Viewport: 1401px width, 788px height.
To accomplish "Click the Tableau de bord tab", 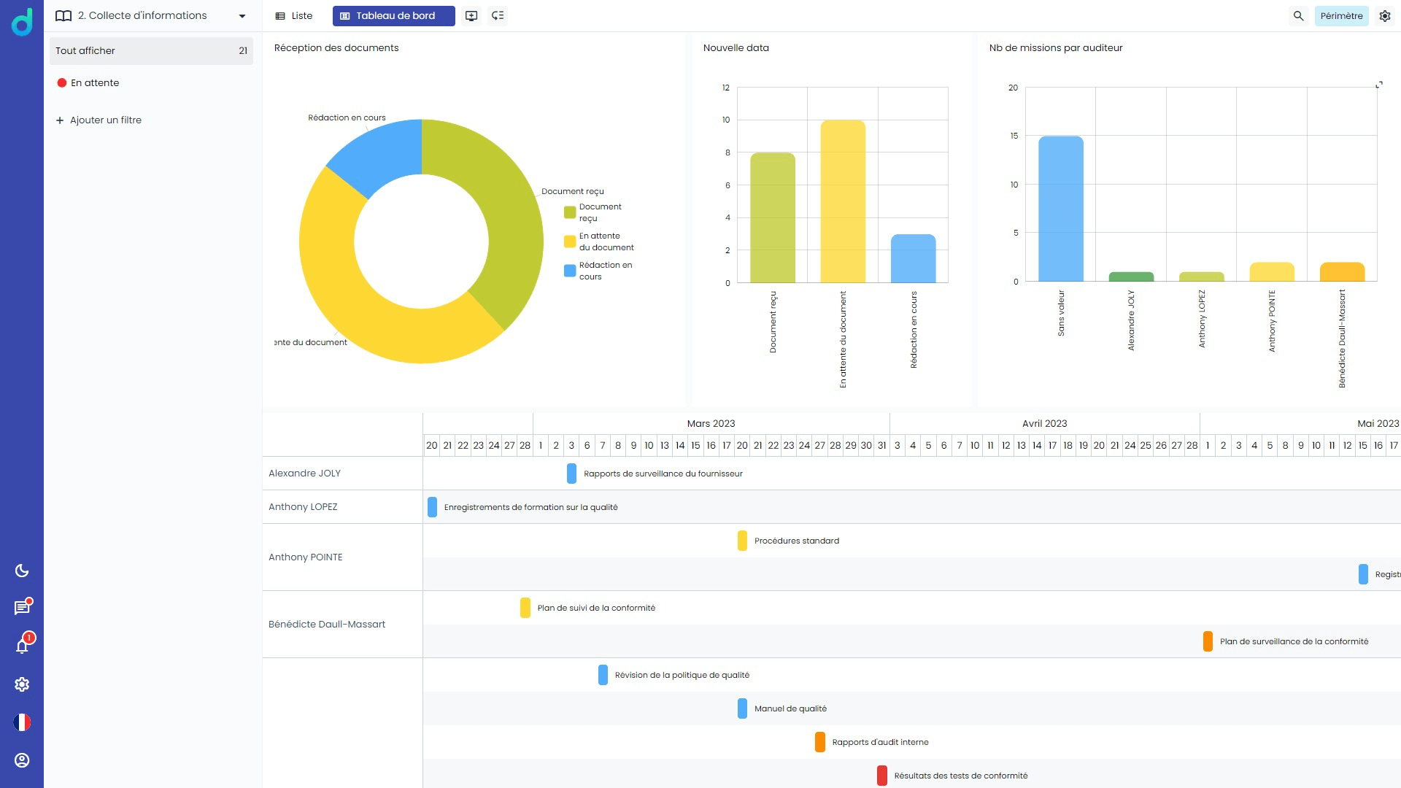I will pos(393,15).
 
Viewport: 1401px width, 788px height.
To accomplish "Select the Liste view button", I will pos(293,15).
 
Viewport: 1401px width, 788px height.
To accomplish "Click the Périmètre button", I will pos(1341,15).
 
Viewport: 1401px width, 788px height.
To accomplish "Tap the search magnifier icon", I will pos(1298,15).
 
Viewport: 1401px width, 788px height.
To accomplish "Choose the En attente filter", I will pos(94,82).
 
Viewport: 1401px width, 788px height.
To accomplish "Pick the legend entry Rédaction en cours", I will pos(598,271).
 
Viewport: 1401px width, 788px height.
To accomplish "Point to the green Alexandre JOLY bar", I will pos(1130,277).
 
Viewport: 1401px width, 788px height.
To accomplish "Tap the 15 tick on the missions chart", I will pos(1014,136).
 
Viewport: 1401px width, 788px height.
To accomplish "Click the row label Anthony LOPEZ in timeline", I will pos(303,506).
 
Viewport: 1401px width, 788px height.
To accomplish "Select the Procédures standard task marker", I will pos(742,541).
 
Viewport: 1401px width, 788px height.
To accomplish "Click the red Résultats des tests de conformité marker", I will pos(881,776).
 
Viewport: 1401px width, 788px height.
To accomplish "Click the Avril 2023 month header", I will pos(1044,423).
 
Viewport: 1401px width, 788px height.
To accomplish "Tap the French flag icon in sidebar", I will pos(22,722).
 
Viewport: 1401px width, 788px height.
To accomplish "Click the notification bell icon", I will pos(22,646).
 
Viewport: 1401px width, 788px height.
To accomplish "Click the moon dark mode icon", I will pos(22,571).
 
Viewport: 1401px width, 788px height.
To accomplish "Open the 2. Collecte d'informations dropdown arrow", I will pos(242,16).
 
